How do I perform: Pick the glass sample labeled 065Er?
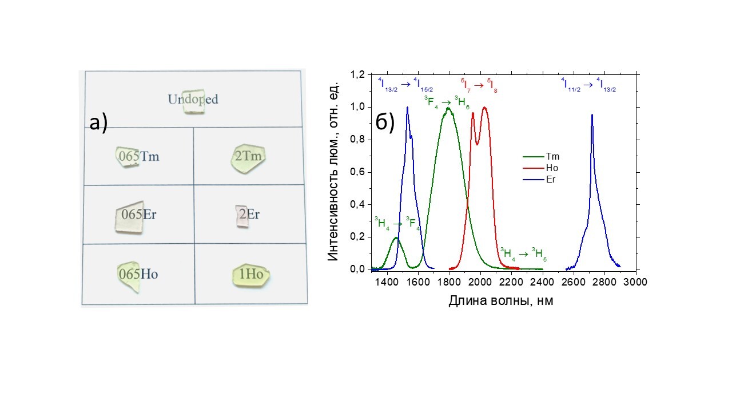(x=130, y=217)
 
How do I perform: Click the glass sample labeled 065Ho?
(x=129, y=275)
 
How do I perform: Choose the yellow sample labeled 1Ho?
(x=251, y=275)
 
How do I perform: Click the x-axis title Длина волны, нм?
(x=500, y=300)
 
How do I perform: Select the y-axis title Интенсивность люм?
(x=335, y=171)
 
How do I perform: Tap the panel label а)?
(x=99, y=122)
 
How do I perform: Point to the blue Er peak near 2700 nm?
(x=592, y=116)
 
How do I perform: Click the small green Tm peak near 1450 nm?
(x=396, y=238)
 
